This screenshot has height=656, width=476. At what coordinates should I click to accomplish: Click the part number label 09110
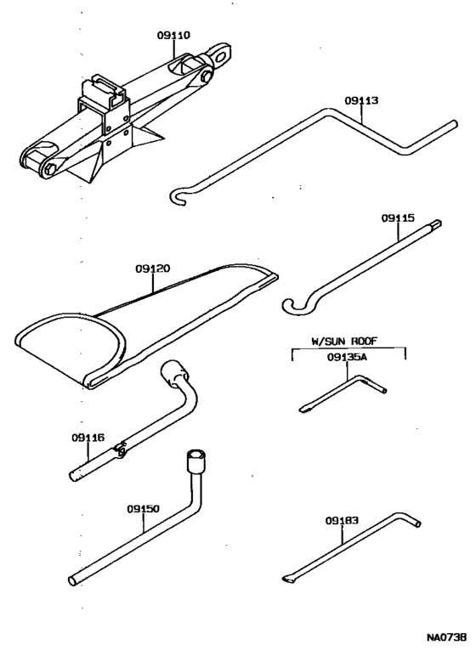[x=173, y=36]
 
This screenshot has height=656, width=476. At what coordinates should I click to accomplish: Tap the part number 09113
[x=361, y=100]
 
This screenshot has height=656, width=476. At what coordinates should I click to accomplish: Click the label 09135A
[x=347, y=358]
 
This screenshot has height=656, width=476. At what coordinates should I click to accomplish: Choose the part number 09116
[x=88, y=438]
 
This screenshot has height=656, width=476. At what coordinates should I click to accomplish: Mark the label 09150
[x=144, y=508]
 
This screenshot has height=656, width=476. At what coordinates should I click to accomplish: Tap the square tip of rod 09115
[x=439, y=224]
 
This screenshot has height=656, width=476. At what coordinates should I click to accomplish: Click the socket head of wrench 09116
[x=173, y=371]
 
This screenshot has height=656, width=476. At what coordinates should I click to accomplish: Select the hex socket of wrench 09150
[x=193, y=460]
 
